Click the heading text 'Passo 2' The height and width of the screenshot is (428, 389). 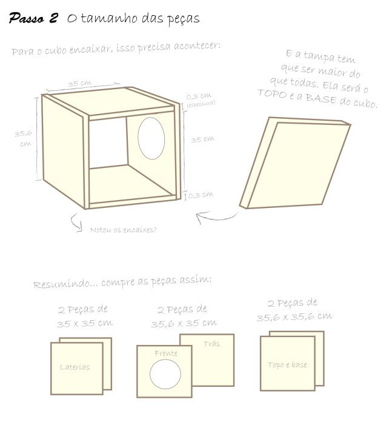coord(33,18)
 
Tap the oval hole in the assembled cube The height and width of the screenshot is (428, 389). coord(151,138)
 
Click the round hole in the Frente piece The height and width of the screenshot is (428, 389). coord(165,373)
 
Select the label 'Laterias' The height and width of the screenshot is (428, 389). coord(75,367)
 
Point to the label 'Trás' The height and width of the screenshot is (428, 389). coord(211,343)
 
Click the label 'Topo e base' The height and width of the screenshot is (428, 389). coord(288,365)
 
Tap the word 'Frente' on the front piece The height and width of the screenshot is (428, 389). coord(166,353)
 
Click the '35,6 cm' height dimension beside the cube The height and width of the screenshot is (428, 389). coord(24,138)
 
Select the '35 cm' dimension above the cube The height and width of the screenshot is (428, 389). coord(79,83)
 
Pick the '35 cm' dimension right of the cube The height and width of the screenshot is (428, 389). coord(203,139)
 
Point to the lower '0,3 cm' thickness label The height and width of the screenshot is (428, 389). coord(201,195)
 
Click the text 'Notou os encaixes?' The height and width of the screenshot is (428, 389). coord(123,230)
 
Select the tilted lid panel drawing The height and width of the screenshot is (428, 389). coord(294,163)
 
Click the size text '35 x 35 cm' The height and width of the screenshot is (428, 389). coord(85,324)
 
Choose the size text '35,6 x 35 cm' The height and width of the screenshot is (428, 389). coord(184,323)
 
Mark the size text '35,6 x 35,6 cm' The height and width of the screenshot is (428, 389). coord(294,316)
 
